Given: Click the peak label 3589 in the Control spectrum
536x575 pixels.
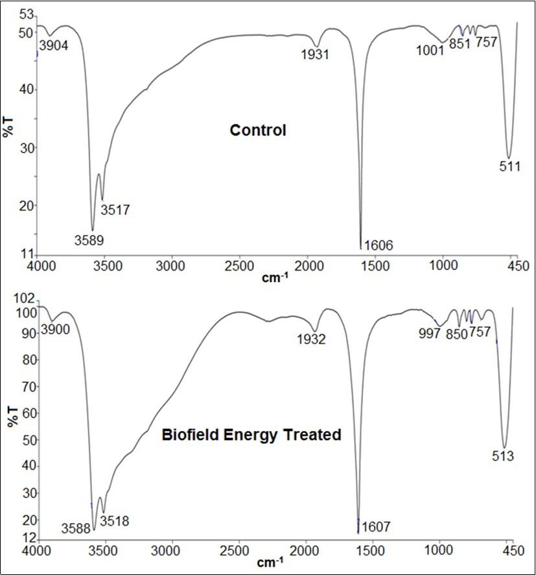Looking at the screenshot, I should pos(89,239).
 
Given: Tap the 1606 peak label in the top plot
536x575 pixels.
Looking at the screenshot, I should pos(379,245).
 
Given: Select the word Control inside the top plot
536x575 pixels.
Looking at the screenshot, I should pos(258,130).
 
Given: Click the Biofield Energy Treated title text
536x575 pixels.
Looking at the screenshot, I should pos(251,435).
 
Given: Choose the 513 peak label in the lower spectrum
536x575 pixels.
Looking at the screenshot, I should pos(502,456).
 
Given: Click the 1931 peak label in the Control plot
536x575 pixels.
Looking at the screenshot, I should pos(315,55).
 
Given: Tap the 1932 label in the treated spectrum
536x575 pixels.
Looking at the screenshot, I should pos(310,338).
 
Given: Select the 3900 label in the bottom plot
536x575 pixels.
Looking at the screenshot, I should pos(55,330).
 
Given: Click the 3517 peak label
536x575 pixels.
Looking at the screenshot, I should pos(115,210).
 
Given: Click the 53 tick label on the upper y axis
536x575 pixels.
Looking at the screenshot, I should pos(27,14).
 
